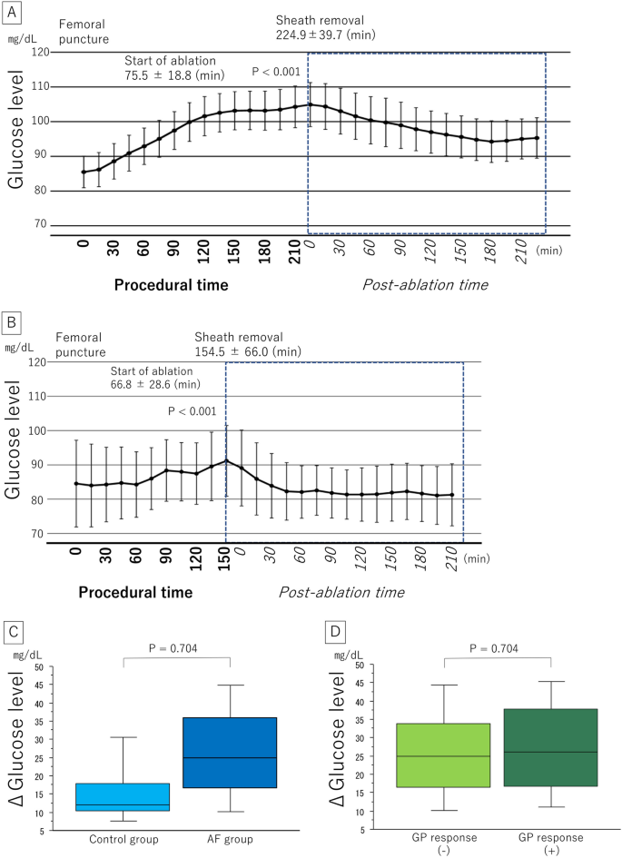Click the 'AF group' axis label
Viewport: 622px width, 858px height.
coord(231,837)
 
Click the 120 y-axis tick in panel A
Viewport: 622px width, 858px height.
coord(37,53)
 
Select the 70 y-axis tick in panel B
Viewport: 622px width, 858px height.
coord(39,533)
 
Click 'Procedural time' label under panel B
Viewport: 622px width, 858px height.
coord(134,593)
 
